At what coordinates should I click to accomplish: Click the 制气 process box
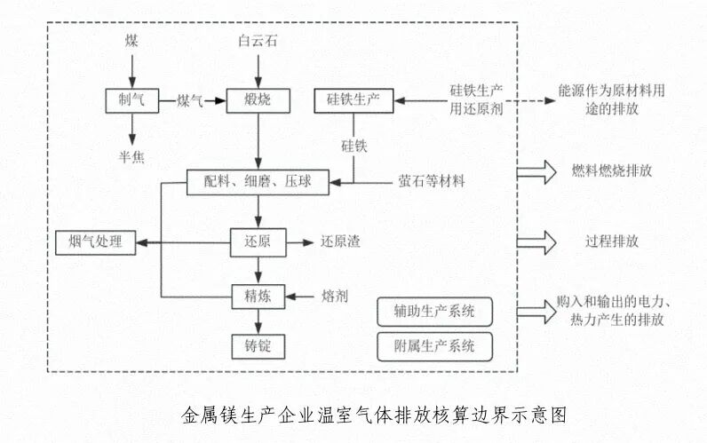pyautogui.click(x=131, y=101)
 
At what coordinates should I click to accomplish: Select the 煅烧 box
pyautogui.click(x=258, y=101)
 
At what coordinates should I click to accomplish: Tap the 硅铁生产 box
pyautogui.click(x=354, y=101)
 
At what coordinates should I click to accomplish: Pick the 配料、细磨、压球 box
pyautogui.click(x=258, y=182)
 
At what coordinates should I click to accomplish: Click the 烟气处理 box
pyautogui.click(x=95, y=241)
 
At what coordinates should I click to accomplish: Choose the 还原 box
pyautogui.click(x=258, y=241)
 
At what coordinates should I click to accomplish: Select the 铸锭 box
pyautogui.click(x=258, y=344)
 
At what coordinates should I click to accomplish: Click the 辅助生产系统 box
pyautogui.click(x=434, y=312)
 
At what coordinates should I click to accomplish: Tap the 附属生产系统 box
pyautogui.click(x=434, y=346)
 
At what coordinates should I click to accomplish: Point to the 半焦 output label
pyautogui.click(x=131, y=159)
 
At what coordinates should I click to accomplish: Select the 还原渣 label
pyautogui.click(x=341, y=241)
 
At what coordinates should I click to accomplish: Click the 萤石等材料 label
pyautogui.click(x=431, y=182)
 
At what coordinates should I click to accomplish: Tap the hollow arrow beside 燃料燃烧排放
pyautogui.click(x=536, y=172)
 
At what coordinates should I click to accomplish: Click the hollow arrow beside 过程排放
pyautogui.click(x=536, y=241)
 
